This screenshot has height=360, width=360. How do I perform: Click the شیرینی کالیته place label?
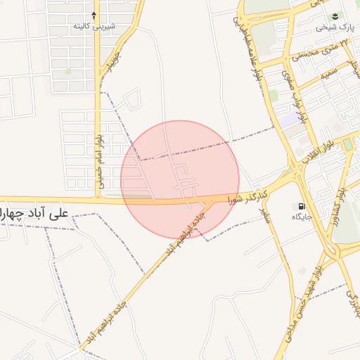point(95,27)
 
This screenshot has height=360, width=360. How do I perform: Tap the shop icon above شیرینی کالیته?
point(95,14)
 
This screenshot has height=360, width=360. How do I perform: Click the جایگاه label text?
point(302,217)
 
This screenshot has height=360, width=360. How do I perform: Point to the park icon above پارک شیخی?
point(335,15)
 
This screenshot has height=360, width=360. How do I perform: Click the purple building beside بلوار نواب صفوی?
point(290,120)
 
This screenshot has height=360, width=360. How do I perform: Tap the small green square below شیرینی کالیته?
point(68,71)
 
